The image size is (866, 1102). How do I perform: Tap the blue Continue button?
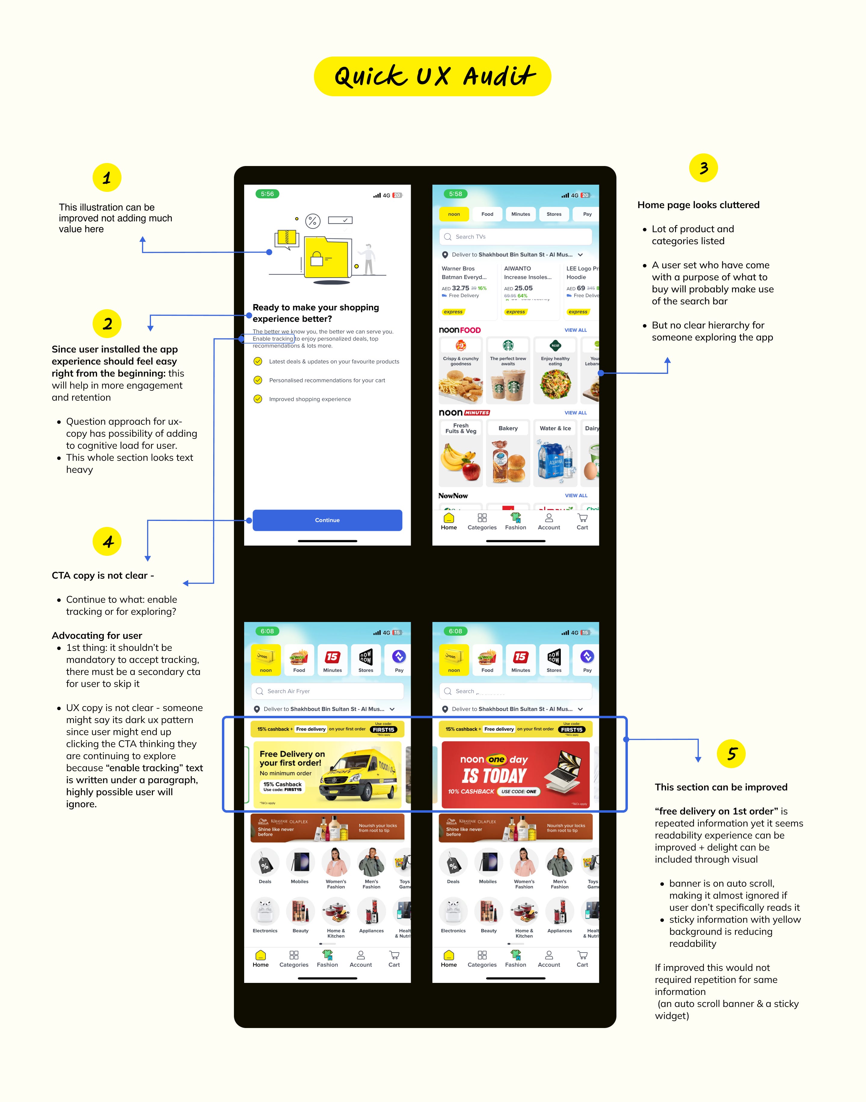327,520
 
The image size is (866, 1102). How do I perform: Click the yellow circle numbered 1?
106,177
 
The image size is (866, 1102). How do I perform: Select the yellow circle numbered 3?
703,168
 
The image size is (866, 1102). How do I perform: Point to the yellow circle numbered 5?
731,754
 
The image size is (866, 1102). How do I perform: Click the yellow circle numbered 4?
107,542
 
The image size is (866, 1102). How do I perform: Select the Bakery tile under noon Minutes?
508,453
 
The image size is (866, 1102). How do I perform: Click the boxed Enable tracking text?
273,339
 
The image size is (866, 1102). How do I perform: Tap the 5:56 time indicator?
267,194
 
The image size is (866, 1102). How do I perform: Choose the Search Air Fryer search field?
327,691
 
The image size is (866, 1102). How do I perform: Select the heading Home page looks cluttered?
698,205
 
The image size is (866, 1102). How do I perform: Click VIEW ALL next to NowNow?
576,495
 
